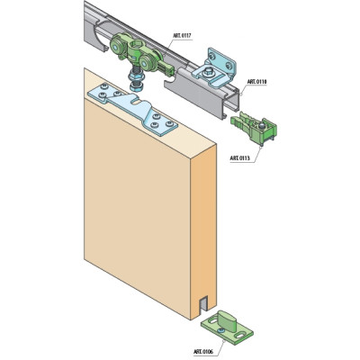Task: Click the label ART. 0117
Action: click(182, 36)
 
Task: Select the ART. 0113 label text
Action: click(239, 157)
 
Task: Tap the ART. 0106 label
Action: click(203, 352)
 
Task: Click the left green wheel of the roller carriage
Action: click(117, 45)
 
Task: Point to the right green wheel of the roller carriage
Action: click(146, 65)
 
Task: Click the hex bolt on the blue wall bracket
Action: click(208, 72)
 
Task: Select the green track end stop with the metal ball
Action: click(254, 128)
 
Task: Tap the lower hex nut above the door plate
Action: click(137, 87)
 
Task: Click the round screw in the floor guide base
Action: click(221, 330)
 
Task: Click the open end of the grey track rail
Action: click(231, 103)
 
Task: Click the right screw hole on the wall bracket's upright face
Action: click(229, 65)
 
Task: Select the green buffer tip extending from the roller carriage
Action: click(166, 68)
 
